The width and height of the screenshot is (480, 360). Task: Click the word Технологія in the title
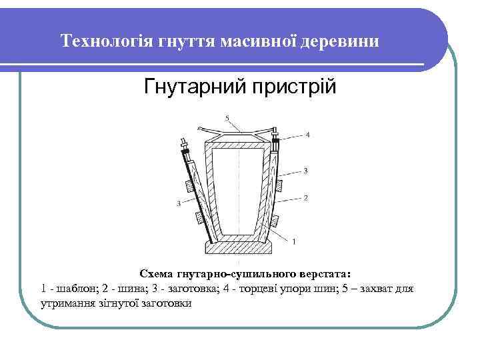pos(107,42)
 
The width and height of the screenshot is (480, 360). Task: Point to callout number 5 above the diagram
pos(227,119)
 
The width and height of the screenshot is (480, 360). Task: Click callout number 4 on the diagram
pos(307,135)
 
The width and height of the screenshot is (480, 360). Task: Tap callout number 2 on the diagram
pos(305,197)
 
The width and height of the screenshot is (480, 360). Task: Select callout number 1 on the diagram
pos(294,239)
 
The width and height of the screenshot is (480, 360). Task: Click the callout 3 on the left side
pos(178,203)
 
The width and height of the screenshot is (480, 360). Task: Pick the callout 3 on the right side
pos(305,171)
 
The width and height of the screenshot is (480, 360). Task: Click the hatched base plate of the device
pos(239,248)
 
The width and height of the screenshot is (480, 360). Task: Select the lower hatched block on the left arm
pos(197,217)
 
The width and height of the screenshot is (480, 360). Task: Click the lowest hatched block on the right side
pos(278,211)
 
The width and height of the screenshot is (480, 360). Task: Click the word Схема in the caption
pos(155,274)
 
